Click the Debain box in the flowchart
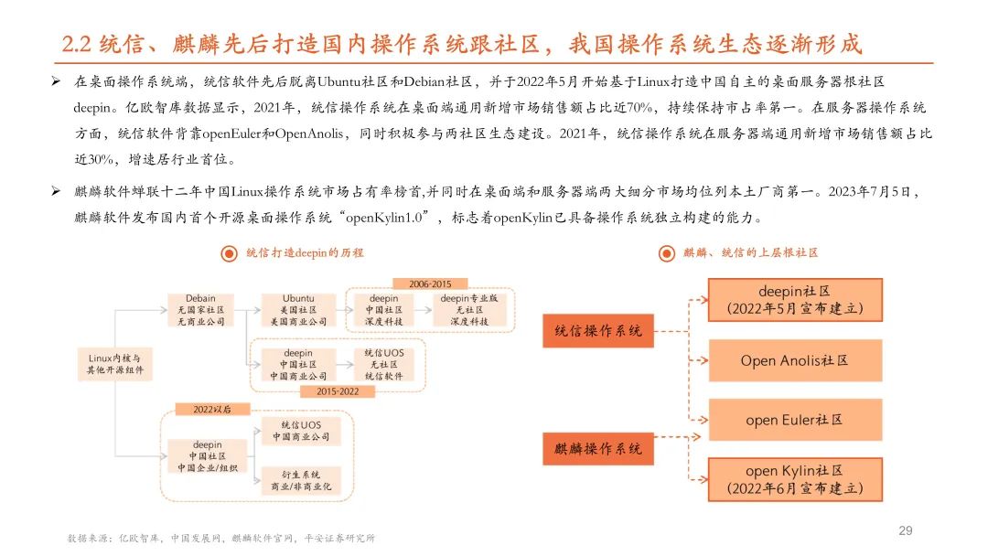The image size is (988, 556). pyautogui.click(x=200, y=310)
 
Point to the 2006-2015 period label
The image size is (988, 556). pyautogui.click(x=429, y=283)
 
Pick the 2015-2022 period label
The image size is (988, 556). pyautogui.click(x=338, y=390)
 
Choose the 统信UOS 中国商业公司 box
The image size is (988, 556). pyautogui.click(x=300, y=431)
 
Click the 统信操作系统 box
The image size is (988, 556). pyautogui.click(x=598, y=330)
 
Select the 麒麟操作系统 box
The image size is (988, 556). pyautogui.click(x=598, y=448)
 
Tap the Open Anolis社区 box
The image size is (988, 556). pyautogui.click(x=794, y=360)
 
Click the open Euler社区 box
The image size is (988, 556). pyautogui.click(x=794, y=420)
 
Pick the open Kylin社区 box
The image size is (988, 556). pyautogui.click(x=794, y=479)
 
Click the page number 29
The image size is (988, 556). pyautogui.click(x=907, y=530)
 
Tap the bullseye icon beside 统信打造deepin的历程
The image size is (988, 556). pyautogui.click(x=230, y=253)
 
